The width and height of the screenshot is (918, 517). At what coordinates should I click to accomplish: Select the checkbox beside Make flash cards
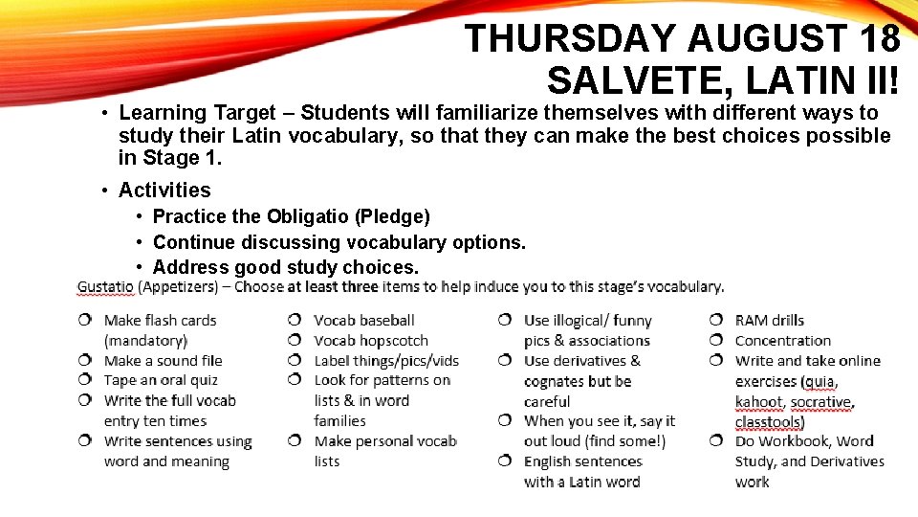[x=85, y=320]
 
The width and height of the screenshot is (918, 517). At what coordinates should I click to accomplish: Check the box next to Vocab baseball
[x=295, y=320]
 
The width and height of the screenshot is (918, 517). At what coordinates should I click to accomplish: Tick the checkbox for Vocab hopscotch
[x=295, y=340]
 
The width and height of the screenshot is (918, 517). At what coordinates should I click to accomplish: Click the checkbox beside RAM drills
[x=715, y=320]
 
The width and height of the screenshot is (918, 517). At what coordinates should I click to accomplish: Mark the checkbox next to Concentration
[x=715, y=340]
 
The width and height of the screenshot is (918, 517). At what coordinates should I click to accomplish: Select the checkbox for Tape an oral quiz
[x=85, y=380]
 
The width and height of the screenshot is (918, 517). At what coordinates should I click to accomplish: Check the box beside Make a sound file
[x=85, y=360]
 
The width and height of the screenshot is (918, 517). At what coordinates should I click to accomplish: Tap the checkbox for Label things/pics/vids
[x=295, y=360]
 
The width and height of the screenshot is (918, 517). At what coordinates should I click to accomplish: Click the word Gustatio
[x=105, y=286]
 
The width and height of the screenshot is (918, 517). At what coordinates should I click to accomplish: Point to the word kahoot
[x=758, y=401]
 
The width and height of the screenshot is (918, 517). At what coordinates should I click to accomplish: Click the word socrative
[x=821, y=401]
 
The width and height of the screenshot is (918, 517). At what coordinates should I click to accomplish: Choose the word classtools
[x=768, y=421]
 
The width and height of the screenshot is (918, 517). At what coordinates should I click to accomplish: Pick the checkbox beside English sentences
[x=505, y=461]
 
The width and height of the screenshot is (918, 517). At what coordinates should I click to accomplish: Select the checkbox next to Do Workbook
[x=715, y=441]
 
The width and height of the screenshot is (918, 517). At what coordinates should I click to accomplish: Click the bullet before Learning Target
[x=104, y=114]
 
